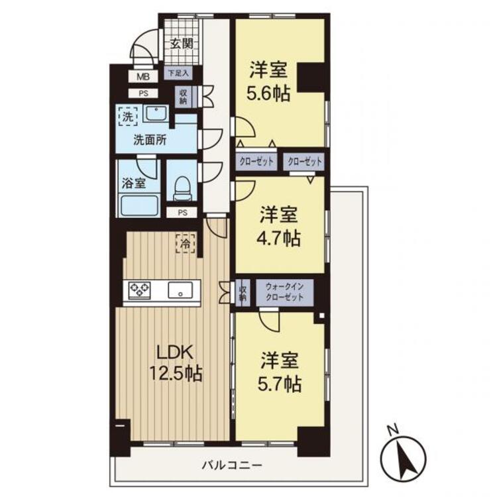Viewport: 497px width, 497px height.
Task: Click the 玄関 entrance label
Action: (x=182, y=44)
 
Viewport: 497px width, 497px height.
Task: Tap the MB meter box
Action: (x=143, y=76)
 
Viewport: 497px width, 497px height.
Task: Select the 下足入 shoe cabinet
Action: (x=178, y=73)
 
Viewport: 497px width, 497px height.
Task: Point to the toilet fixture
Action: (x=182, y=189)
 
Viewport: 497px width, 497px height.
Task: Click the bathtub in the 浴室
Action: (x=139, y=206)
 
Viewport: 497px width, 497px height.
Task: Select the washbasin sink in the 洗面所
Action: (x=155, y=114)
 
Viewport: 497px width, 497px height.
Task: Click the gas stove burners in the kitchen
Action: (x=139, y=290)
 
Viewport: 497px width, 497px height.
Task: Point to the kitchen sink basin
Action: (x=180, y=290)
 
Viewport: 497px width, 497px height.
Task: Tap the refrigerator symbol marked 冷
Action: (x=186, y=243)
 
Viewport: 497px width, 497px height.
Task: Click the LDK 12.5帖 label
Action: (x=176, y=363)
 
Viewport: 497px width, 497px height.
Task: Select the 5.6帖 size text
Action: (x=268, y=94)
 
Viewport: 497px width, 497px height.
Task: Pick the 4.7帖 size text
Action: (x=278, y=238)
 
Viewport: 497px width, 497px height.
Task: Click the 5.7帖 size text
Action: (x=279, y=384)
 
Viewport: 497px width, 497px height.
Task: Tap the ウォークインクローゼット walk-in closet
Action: (x=285, y=292)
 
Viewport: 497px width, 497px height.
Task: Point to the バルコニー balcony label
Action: (x=233, y=466)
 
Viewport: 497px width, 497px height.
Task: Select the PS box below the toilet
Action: (x=182, y=213)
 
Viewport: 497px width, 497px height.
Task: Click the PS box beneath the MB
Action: (x=143, y=93)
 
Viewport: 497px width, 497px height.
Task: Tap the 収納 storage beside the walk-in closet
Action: (x=243, y=292)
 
